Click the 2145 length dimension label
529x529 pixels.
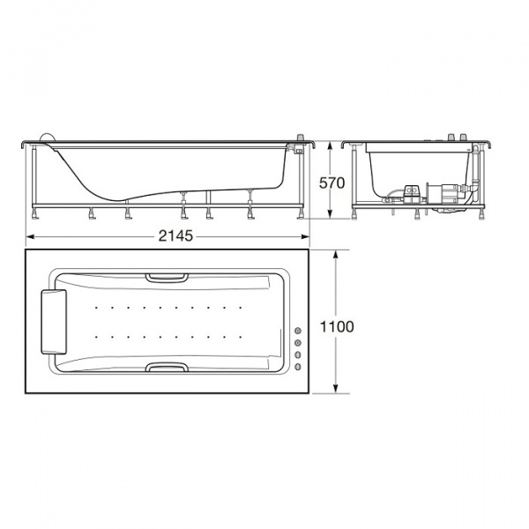point(175,235)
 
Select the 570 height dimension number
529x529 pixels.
point(332,183)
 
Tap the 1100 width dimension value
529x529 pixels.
point(337,326)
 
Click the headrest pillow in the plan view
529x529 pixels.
point(54,322)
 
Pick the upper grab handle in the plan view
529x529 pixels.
point(167,278)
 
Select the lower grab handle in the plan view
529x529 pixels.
point(167,367)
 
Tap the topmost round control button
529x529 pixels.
point(298,331)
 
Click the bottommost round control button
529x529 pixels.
point(298,367)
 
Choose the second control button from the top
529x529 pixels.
point(298,343)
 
